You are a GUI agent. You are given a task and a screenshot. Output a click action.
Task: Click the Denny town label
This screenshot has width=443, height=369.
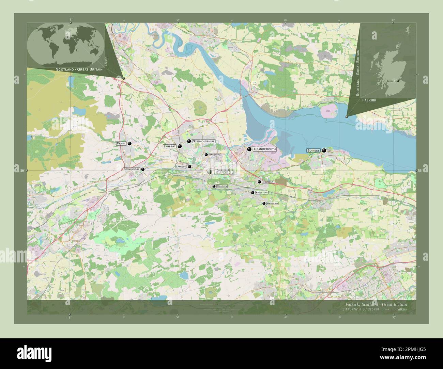[x=121, y=144]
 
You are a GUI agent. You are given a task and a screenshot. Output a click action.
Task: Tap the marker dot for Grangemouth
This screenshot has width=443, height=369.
[x=249, y=149]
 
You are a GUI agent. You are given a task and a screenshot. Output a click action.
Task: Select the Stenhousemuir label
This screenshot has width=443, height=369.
[x=204, y=141]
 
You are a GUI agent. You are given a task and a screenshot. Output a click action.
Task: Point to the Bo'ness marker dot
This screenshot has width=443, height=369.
[x=324, y=150]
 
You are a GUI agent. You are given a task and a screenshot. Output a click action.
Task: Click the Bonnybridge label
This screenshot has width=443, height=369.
[x=132, y=169]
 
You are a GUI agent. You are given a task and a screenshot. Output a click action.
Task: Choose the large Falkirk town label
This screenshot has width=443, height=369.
[x=224, y=172]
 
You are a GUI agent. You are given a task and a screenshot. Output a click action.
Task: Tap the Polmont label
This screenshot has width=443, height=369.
[x=268, y=182]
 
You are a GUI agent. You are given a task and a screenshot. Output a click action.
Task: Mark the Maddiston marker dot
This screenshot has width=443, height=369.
[x=264, y=203]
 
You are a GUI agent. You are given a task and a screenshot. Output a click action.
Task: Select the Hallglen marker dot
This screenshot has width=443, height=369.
[x=214, y=186]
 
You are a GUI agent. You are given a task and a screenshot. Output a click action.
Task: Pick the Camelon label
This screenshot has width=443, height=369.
[x=181, y=167]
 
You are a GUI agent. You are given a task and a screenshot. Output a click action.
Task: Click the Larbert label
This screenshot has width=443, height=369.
[x=169, y=146]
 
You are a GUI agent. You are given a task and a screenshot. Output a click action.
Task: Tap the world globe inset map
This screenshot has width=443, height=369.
[x=65, y=44]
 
